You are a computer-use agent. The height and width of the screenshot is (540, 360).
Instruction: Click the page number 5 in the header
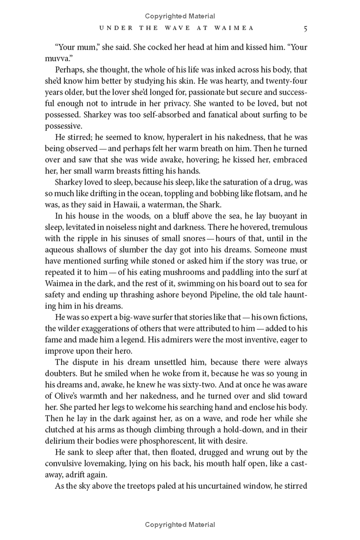click(x=305, y=28)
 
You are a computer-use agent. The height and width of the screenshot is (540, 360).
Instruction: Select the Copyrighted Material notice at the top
click(x=180, y=16)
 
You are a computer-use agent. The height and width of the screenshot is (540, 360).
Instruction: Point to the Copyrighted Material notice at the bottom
click(x=180, y=524)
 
